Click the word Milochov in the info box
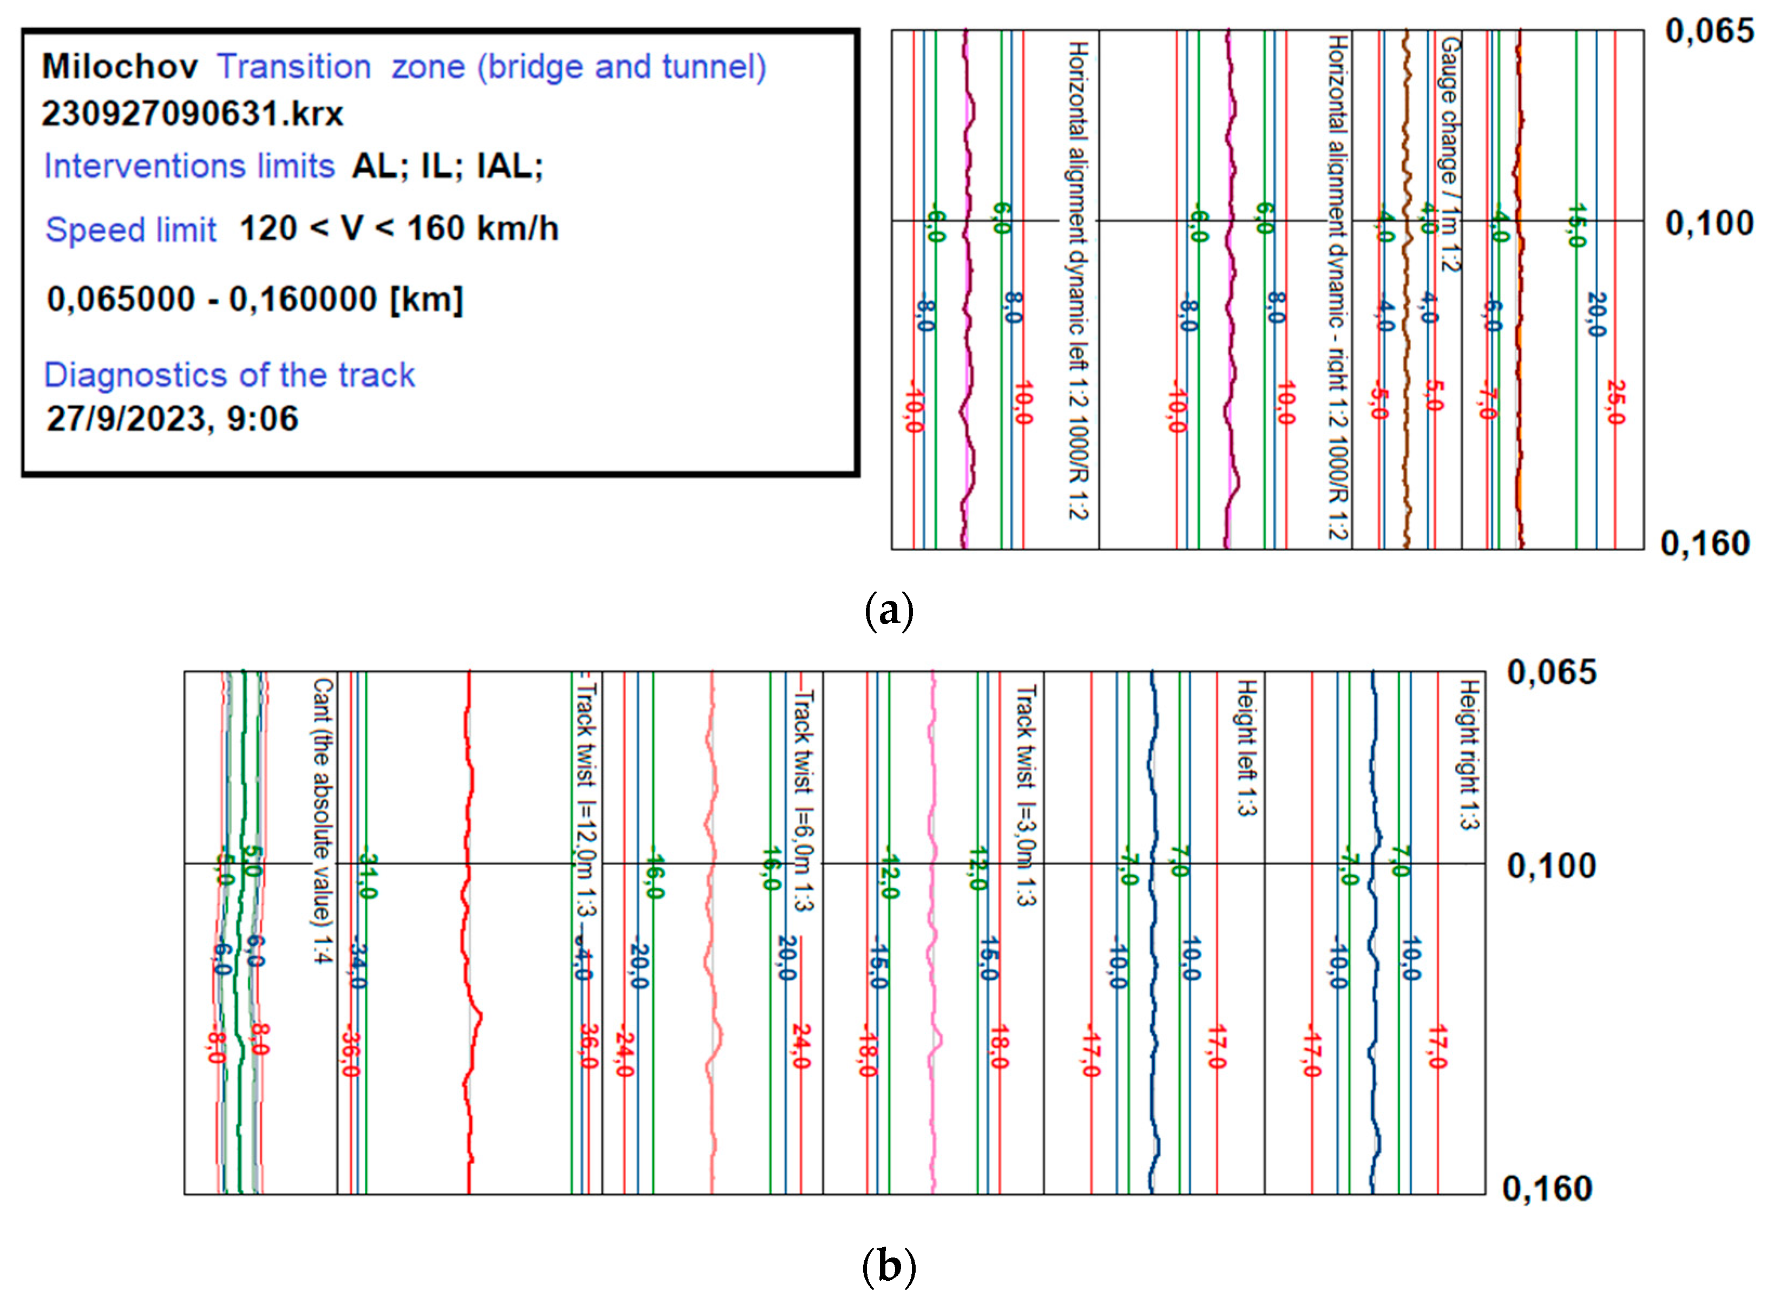click(119, 67)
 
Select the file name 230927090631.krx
click(192, 114)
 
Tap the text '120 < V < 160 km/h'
click(399, 228)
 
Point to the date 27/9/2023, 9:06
click(172, 418)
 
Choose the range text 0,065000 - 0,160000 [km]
click(255, 299)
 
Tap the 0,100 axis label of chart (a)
click(1709, 224)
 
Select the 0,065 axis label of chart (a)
click(1709, 31)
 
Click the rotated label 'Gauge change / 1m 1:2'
click(1449, 154)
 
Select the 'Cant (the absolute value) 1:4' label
click(323, 821)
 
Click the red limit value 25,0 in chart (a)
click(1615, 402)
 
